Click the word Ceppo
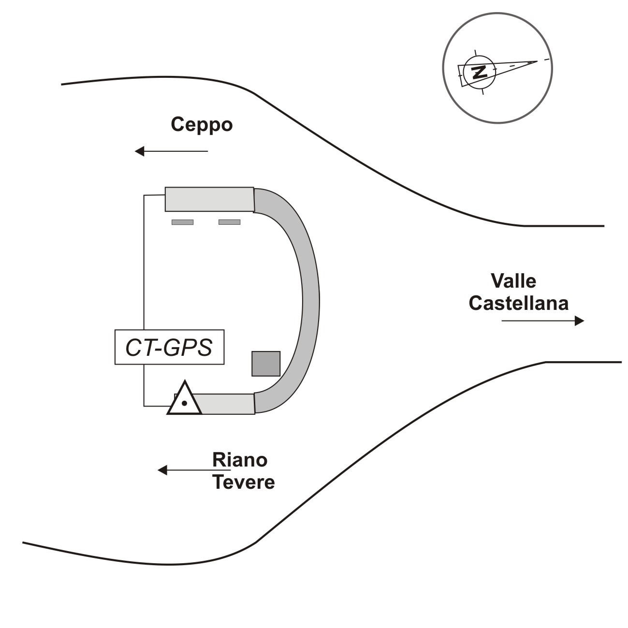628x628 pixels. (202, 125)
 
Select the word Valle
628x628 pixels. (513, 281)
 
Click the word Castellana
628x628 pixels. (518, 303)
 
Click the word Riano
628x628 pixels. (240, 460)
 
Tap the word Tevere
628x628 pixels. (244, 482)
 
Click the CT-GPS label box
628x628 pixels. (169, 347)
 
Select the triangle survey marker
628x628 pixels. (184, 400)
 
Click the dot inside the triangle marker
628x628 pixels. (184, 403)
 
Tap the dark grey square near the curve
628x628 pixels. (266, 364)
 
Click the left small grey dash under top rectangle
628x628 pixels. (182, 222)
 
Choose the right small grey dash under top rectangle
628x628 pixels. (229, 222)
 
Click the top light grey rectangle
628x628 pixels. (209, 199)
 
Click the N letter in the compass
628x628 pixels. (479, 72)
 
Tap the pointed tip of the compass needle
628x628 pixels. (537, 61)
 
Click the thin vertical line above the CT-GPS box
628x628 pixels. (144, 261)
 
